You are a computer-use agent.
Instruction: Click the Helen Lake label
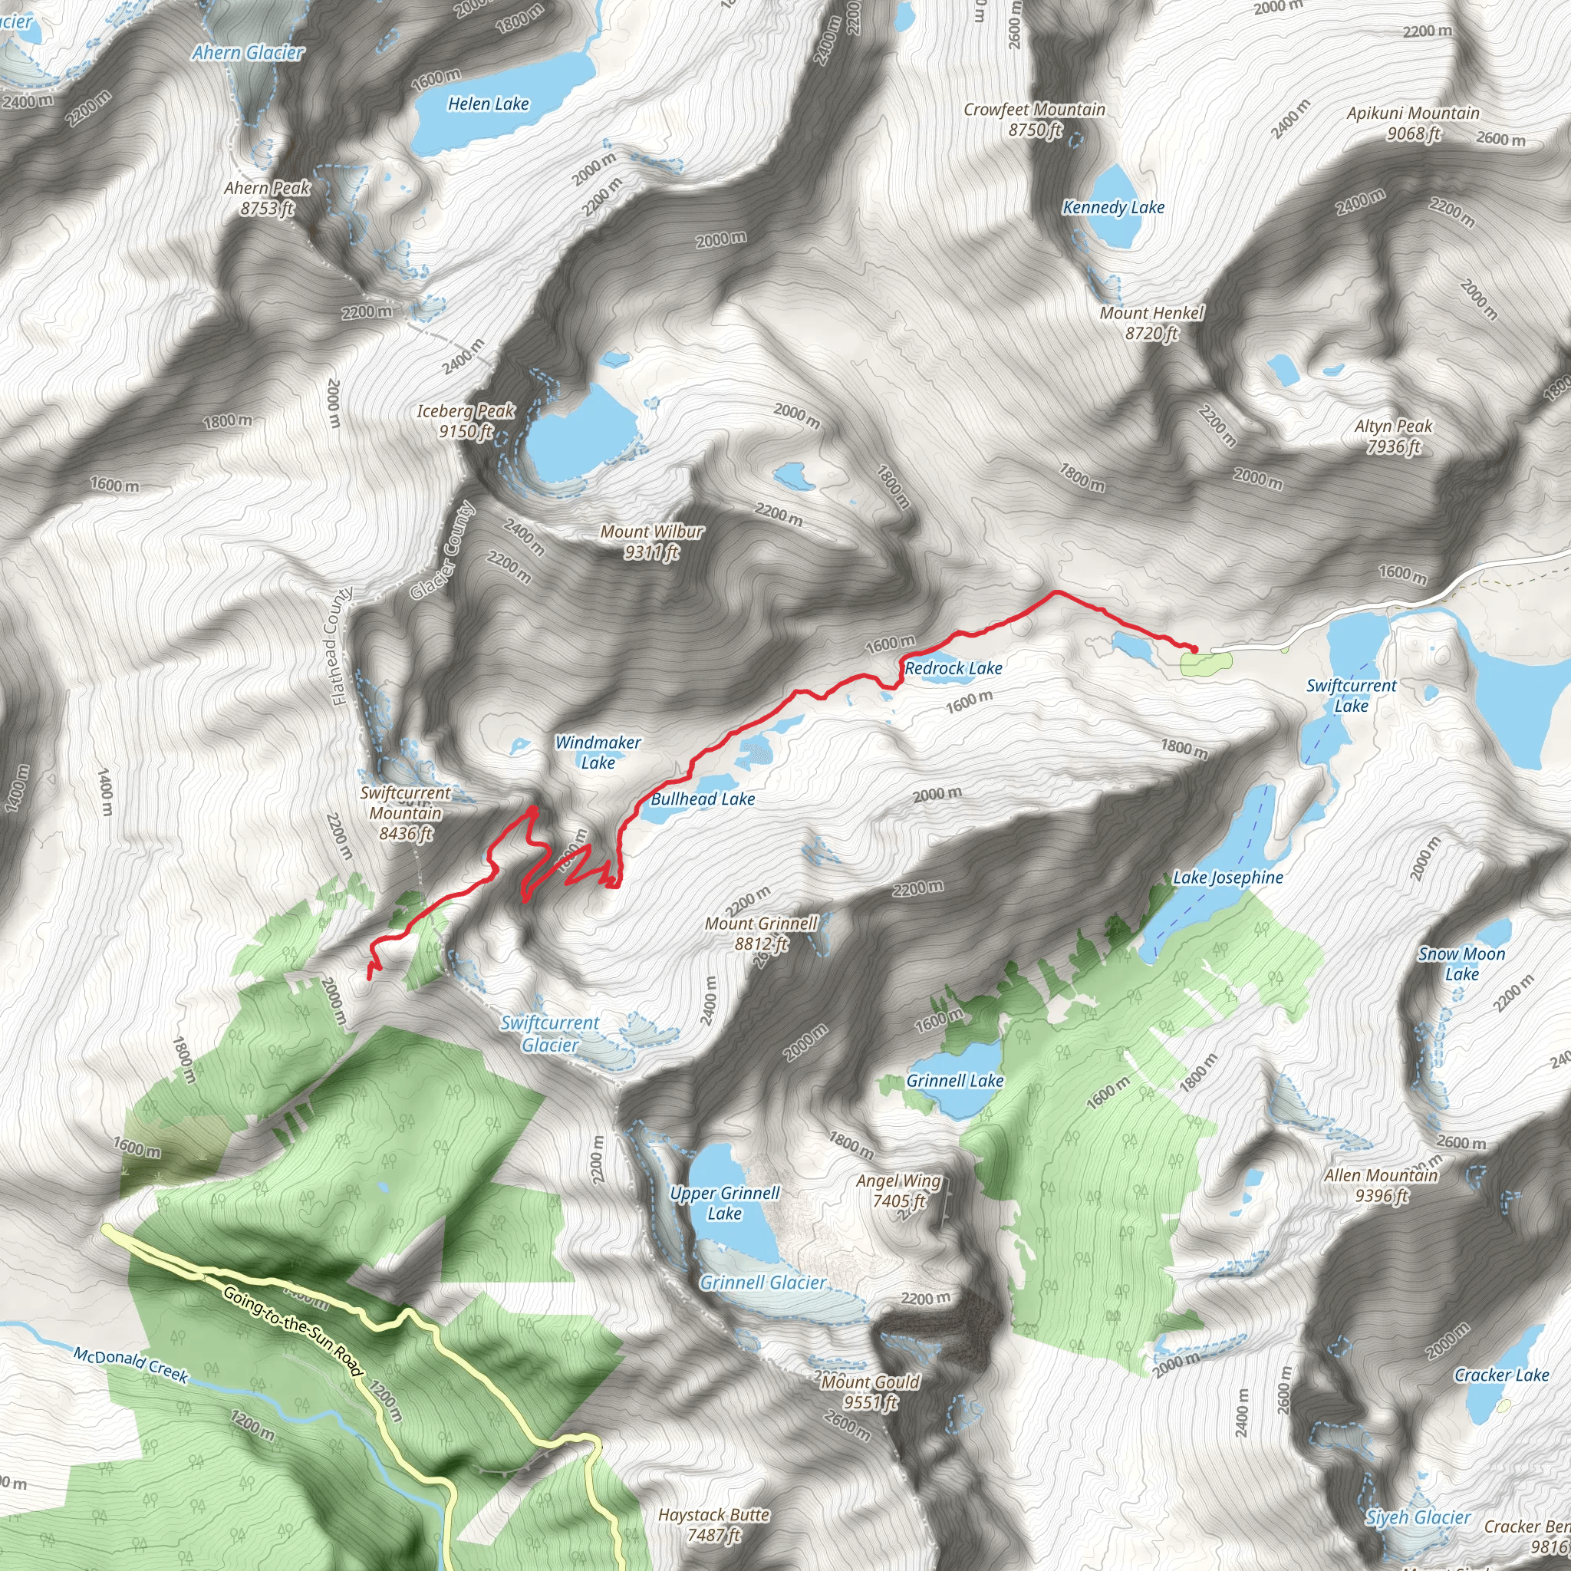[x=488, y=104]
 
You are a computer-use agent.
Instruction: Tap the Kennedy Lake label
[x=1113, y=207]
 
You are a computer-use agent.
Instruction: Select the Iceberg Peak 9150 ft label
[x=466, y=421]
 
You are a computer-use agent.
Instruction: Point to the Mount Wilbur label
[x=651, y=542]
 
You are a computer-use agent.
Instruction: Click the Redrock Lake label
[x=953, y=668]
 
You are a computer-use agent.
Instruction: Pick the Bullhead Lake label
[x=703, y=799]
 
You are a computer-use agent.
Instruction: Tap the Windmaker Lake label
[x=598, y=753]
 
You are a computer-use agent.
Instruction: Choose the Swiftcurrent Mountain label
[x=405, y=812]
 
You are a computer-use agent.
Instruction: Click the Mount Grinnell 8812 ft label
[x=761, y=934]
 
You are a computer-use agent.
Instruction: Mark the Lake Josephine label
[x=1228, y=878]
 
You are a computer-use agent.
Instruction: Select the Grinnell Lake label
[x=954, y=1081]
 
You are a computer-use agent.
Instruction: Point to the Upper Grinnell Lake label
[x=724, y=1203]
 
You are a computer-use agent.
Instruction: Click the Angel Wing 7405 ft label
[x=898, y=1191]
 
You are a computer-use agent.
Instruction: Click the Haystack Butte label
[x=714, y=1525]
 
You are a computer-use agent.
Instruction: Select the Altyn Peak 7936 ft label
[x=1393, y=436]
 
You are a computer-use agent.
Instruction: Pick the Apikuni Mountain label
[x=1413, y=123]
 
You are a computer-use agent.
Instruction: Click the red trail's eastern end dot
[x=1194, y=648]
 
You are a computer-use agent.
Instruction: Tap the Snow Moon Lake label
[x=1461, y=963]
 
